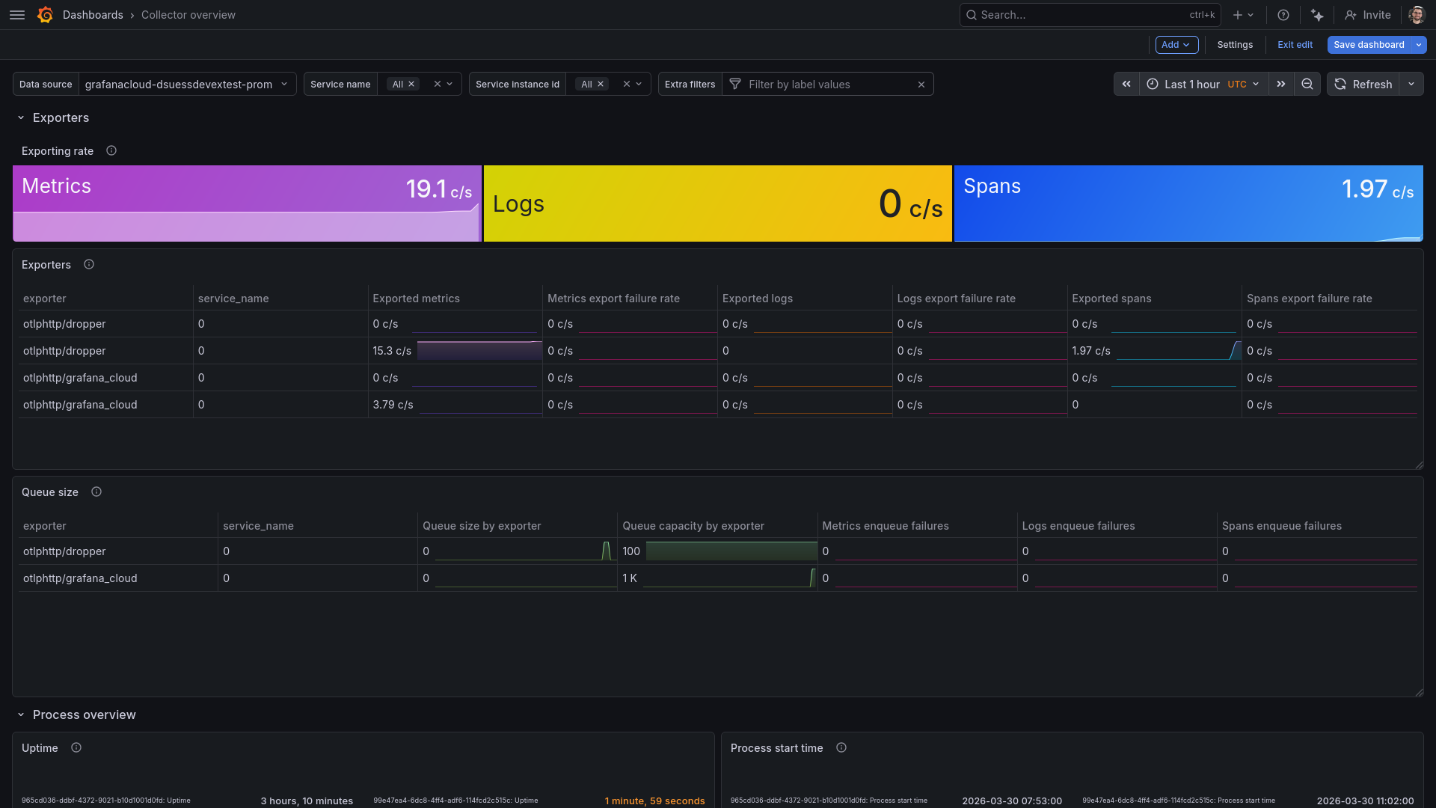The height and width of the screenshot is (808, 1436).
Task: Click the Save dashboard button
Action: [1368, 45]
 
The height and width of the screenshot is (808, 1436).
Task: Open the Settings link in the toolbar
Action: [1234, 45]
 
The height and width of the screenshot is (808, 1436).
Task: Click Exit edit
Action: [1295, 45]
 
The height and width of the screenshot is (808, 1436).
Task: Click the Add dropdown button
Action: [1176, 45]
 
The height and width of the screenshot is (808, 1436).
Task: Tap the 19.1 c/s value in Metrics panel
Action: [438, 189]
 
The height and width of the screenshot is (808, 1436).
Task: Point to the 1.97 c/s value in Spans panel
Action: [1377, 189]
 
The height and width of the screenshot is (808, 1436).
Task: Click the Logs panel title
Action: [518, 204]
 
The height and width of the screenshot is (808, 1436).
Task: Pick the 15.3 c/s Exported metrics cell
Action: [392, 351]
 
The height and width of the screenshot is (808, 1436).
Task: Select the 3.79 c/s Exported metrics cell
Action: [393, 405]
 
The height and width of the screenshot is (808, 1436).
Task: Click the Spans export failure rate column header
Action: [1309, 299]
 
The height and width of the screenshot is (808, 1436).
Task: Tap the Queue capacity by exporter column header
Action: [693, 526]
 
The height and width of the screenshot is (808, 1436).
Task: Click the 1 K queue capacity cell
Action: [630, 578]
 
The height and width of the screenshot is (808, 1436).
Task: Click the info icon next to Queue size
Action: [96, 492]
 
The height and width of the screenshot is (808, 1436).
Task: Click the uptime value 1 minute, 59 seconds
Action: [654, 801]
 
